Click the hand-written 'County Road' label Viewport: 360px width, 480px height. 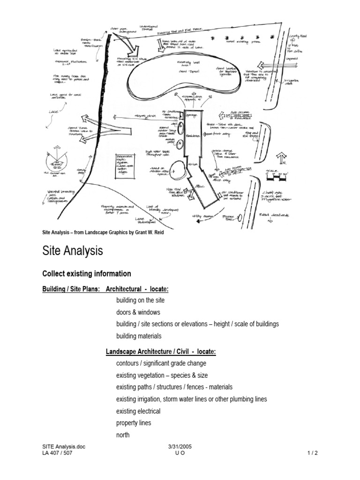(297, 36)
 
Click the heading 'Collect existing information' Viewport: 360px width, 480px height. (87, 274)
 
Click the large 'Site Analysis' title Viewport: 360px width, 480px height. (72, 251)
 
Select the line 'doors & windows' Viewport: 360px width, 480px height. (138, 312)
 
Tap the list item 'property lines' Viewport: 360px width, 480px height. (134, 423)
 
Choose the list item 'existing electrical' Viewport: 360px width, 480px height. (138, 411)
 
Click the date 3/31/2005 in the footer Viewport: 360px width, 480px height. (180, 447)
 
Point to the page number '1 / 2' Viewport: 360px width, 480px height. (312, 453)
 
